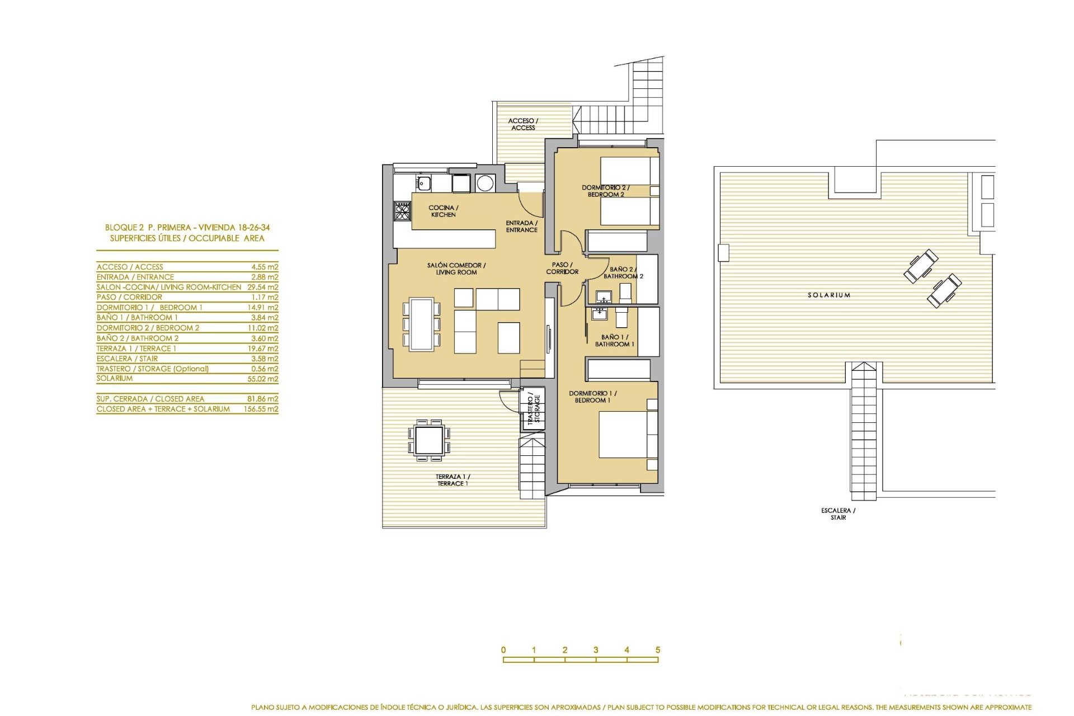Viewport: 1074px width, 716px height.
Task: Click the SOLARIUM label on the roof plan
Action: (x=828, y=295)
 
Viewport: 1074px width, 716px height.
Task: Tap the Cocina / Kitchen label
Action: (x=443, y=211)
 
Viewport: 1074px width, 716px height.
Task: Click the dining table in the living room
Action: (x=421, y=324)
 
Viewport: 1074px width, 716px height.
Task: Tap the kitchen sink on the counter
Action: (x=423, y=182)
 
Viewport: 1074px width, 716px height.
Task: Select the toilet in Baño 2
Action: (x=625, y=293)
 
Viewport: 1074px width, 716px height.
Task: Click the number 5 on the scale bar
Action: (x=658, y=650)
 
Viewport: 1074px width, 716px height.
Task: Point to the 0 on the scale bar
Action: (x=503, y=650)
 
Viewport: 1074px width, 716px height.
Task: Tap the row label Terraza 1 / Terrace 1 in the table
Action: (x=136, y=348)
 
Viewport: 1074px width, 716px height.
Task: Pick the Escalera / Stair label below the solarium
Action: (x=838, y=514)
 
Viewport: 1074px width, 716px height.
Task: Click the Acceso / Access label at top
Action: (x=523, y=124)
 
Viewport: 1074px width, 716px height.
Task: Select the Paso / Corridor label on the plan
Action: (x=562, y=268)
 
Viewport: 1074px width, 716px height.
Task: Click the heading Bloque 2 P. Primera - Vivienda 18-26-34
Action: (x=187, y=228)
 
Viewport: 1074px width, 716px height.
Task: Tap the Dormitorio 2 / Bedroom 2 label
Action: (x=605, y=191)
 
